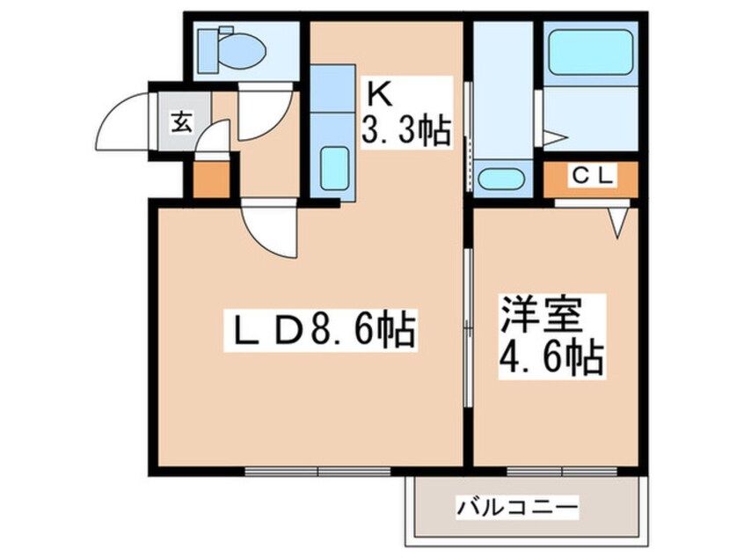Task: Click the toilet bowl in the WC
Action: pyautogui.click(x=243, y=51)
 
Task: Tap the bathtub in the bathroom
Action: pyautogui.click(x=591, y=52)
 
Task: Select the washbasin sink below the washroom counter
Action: pyautogui.click(x=500, y=179)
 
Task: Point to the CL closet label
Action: pyautogui.click(x=593, y=177)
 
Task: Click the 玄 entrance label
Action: pyautogui.click(x=182, y=122)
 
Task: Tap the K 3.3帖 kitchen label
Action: pyautogui.click(x=406, y=112)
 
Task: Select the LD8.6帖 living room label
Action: pyautogui.click(x=321, y=328)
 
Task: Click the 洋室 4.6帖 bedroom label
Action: pyautogui.click(x=551, y=337)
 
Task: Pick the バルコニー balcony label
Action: pyautogui.click(x=518, y=507)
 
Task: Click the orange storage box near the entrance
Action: pyautogui.click(x=212, y=180)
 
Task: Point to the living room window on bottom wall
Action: pyautogui.click(x=317, y=472)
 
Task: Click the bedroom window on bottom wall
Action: pyautogui.click(x=562, y=472)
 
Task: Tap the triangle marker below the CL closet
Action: pyautogui.click(x=617, y=223)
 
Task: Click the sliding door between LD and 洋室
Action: pyautogui.click(x=468, y=327)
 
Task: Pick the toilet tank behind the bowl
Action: pyautogui.click(x=208, y=51)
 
